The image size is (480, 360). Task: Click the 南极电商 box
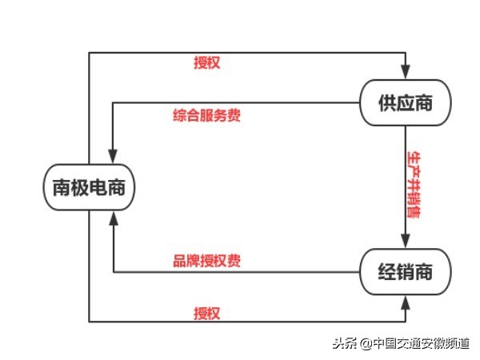[x=88, y=189]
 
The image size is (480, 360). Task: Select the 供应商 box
[x=405, y=102]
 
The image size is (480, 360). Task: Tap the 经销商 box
[x=405, y=271]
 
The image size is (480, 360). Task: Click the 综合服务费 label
[x=206, y=115]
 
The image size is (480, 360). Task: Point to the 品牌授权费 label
[x=207, y=261]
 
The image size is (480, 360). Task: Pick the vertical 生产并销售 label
[x=414, y=185]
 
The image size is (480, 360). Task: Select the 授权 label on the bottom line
[x=206, y=311]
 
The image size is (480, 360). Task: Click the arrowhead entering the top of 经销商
[x=406, y=243]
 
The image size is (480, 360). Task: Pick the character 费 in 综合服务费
[x=234, y=115]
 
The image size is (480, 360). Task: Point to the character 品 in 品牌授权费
[x=180, y=261]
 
